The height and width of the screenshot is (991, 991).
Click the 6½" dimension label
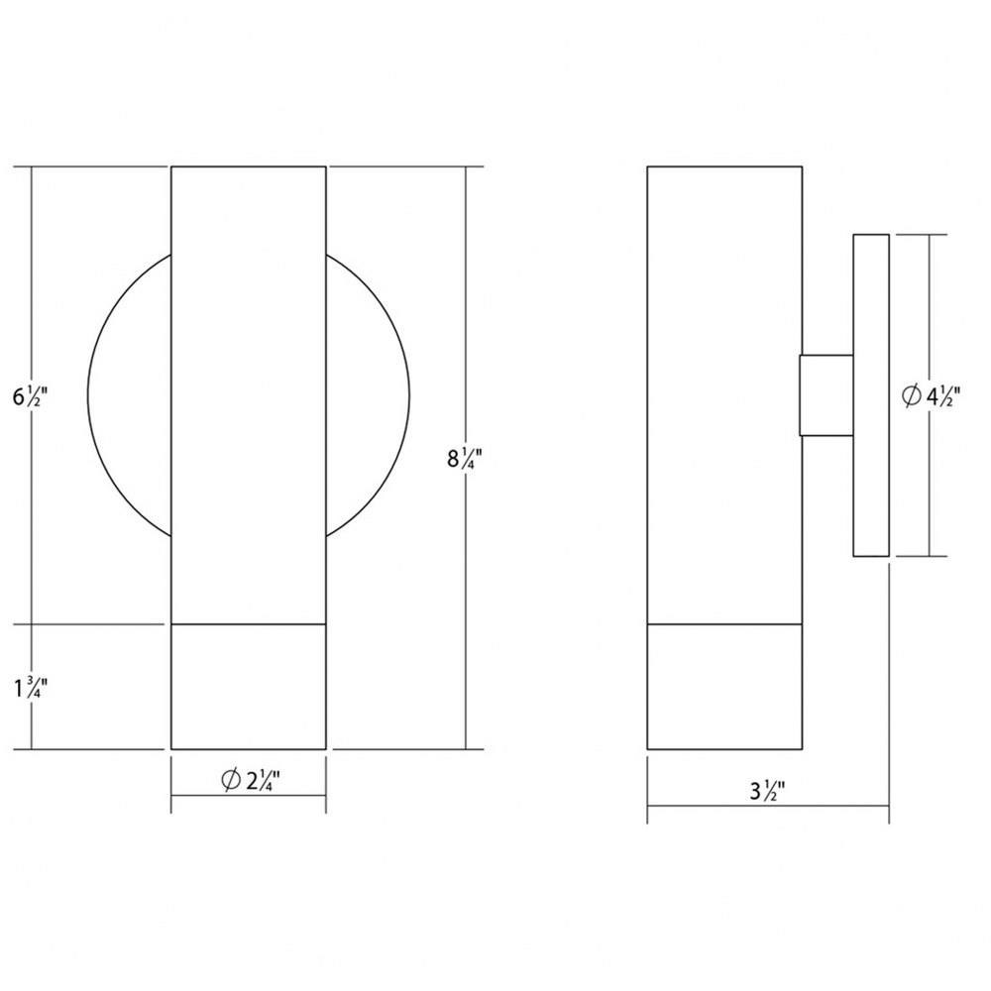[30, 397]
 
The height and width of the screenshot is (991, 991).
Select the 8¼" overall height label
[465, 458]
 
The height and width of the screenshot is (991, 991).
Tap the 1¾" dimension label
[31, 688]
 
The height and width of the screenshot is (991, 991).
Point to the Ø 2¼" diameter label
[251, 781]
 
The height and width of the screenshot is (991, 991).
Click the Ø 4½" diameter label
[931, 397]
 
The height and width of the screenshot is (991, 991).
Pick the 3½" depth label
[767, 791]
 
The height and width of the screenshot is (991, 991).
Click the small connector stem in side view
[826, 395]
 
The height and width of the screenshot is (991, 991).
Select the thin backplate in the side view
[871, 395]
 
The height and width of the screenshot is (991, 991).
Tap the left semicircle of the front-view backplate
[88, 395]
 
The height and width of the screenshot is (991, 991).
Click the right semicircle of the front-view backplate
[409, 395]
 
